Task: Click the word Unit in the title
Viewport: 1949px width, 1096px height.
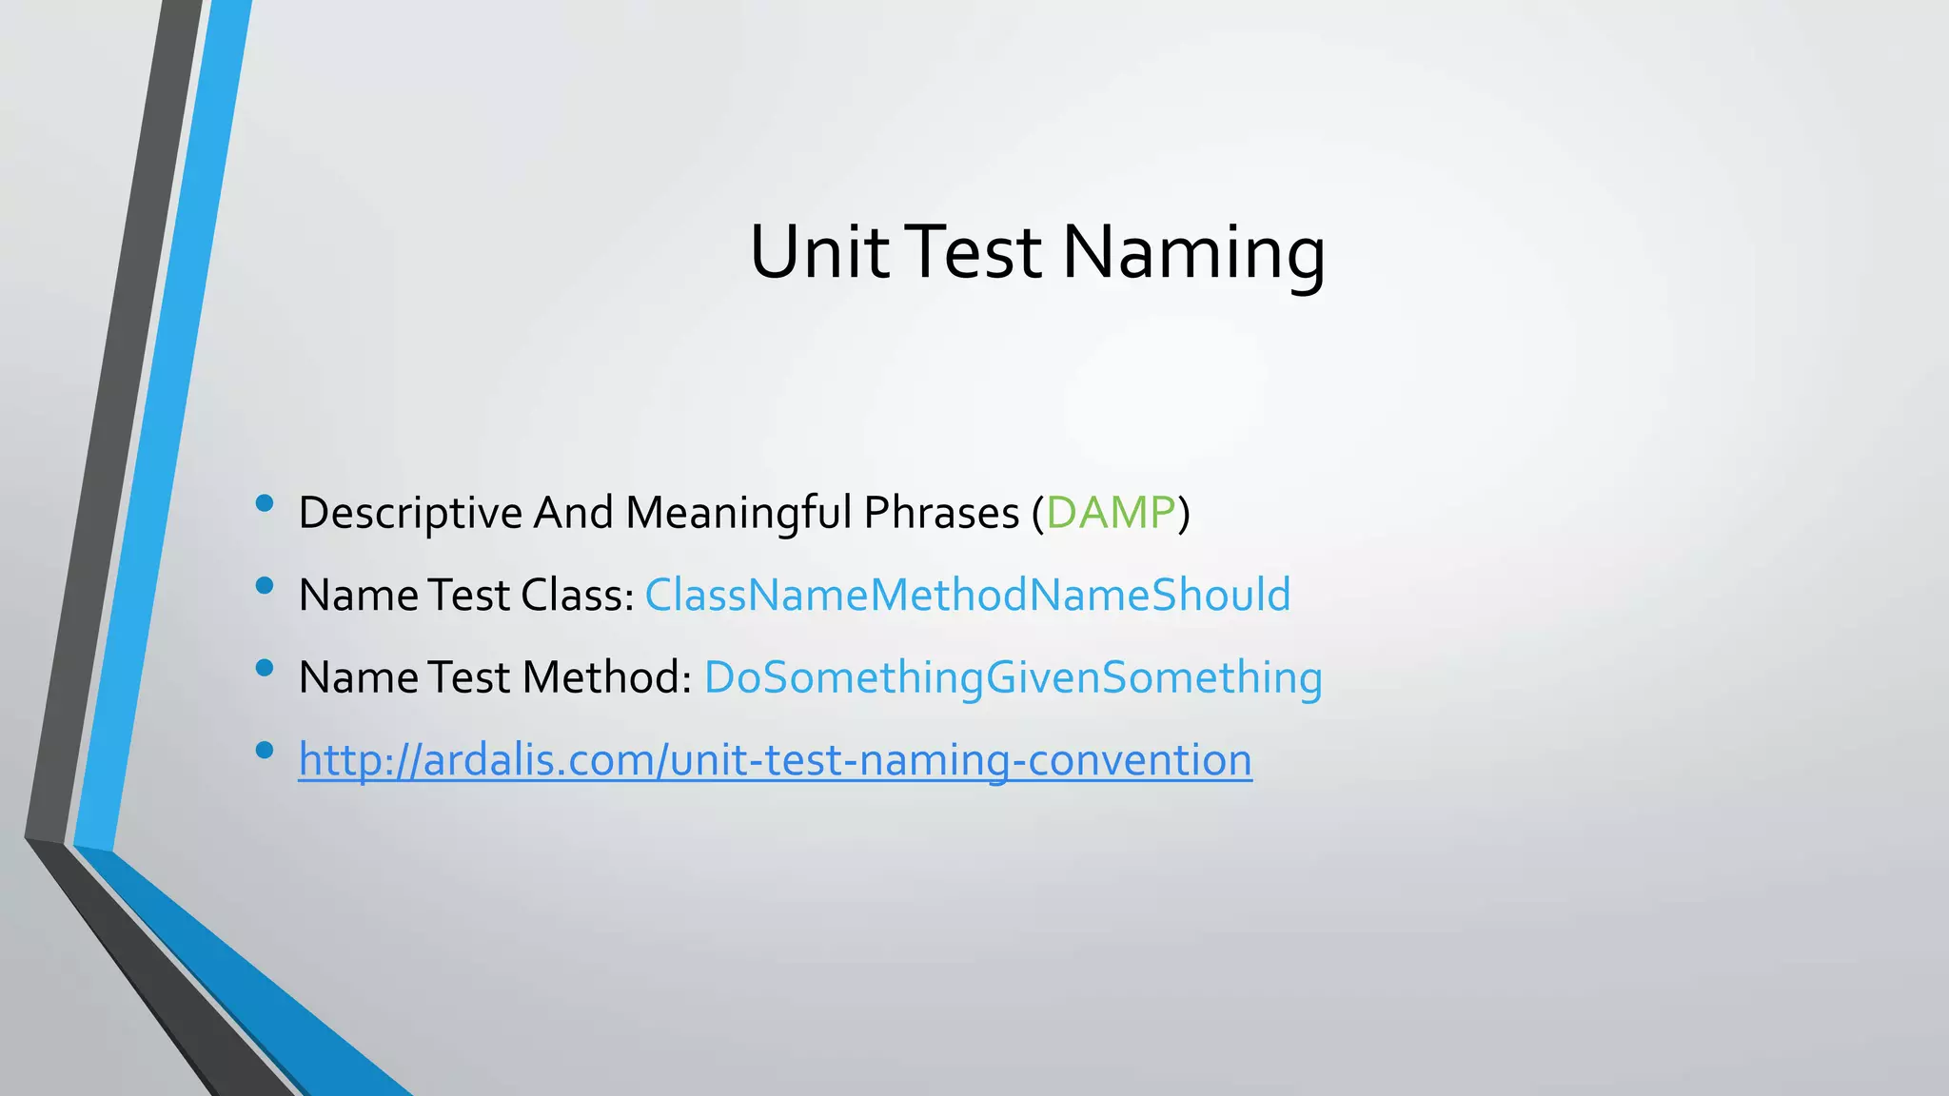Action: coord(818,252)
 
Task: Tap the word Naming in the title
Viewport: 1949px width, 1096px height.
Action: coord(1193,252)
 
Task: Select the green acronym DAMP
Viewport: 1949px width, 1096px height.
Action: coord(1111,513)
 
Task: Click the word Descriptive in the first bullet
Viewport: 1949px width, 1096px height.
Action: coord(410,513)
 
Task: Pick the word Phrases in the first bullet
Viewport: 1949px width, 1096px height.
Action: coord(941,513)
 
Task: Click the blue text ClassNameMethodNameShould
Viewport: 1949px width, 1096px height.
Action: coord(967,595)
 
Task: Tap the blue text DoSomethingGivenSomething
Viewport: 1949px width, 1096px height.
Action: coord(1013,677)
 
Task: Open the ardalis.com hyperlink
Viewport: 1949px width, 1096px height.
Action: coord(775,760)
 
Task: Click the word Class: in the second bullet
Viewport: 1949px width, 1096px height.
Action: coord(577,595)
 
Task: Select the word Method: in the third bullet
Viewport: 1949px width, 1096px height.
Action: coord(606,677)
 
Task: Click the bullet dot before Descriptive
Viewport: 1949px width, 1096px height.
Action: coord(266,503)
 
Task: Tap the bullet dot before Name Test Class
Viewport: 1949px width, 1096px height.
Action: coord(266,586)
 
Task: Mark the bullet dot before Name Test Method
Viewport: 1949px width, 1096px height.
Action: coord(266,668)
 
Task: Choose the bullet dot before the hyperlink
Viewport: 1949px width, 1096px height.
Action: coord(266,751)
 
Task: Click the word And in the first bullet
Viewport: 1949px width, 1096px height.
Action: coord(573,513)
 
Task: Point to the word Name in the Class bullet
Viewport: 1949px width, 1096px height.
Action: coord(357,595)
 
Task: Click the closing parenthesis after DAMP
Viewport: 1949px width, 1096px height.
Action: coord(1184,513)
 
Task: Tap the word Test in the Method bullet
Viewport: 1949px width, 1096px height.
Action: coord(469,677)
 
